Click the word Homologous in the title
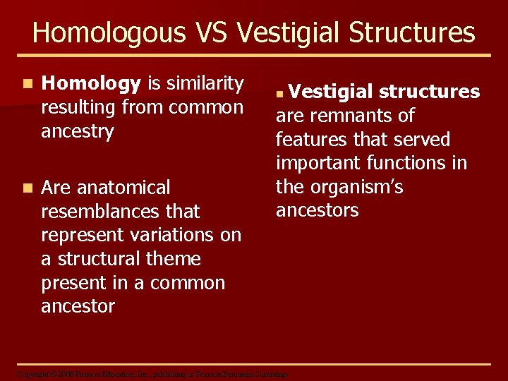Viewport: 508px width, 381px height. (x=107, y=33)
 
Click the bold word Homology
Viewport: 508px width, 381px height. (x=91, y=84)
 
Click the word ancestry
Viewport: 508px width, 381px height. (x=78, y=132)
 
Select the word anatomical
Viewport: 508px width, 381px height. (x=123, y=188)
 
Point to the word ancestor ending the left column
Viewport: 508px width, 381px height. (x=78, y=307)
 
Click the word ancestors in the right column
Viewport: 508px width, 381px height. (x=317, y=210)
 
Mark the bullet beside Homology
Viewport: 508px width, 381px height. (x=26, y=84)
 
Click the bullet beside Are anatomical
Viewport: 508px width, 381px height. (x=26, y=188)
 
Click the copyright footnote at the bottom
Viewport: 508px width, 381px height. (x=152, y=373)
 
